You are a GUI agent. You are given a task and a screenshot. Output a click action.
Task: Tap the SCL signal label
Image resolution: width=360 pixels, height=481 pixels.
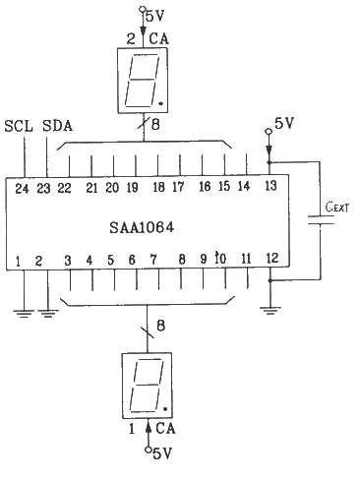19,127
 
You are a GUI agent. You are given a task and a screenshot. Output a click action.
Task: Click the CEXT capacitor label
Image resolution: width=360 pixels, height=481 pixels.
338,209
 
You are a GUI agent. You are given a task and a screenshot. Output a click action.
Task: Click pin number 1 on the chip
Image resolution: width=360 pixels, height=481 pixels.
18,262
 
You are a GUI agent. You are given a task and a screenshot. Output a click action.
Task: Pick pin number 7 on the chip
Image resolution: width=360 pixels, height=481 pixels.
153,260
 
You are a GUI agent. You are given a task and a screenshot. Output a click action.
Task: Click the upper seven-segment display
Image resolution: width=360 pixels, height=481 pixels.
143,79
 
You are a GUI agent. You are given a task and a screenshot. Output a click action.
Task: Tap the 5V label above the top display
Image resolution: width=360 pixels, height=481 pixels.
155,17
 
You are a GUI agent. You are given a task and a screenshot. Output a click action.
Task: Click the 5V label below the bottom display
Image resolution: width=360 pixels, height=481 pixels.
159,452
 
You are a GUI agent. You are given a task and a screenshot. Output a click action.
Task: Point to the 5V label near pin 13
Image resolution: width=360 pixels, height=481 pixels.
283,124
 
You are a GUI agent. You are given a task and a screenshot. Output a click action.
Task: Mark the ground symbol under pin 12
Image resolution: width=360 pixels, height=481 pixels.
270,311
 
